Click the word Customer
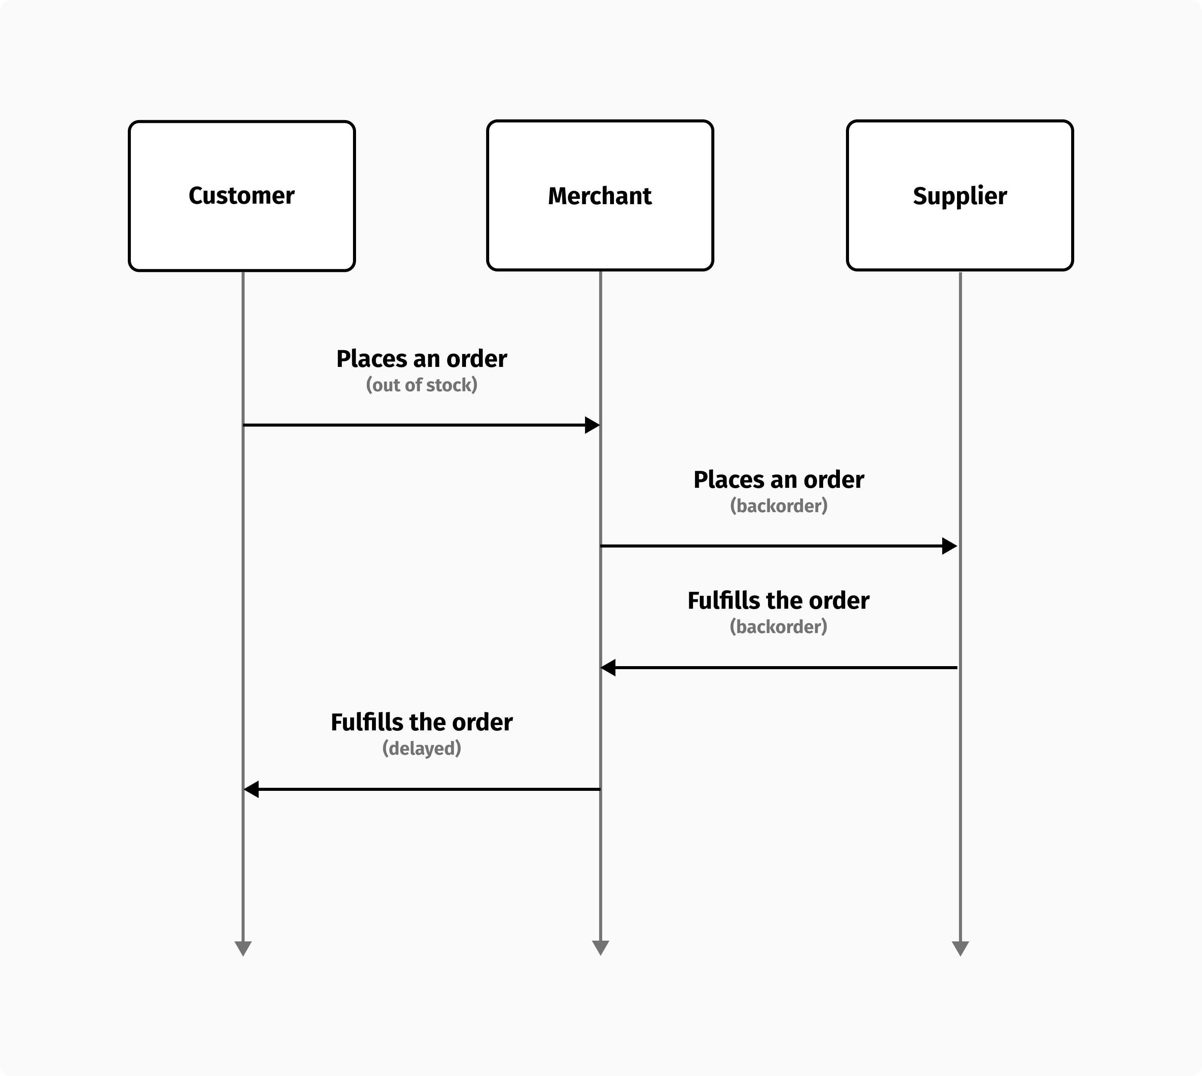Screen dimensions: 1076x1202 241,196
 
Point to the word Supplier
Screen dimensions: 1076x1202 959,196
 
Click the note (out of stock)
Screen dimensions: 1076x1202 421,385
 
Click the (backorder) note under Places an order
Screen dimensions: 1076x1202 779,505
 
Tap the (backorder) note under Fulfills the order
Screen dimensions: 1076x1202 779,626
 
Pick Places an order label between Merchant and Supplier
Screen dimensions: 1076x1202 779,479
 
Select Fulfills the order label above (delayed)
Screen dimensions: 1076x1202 421,722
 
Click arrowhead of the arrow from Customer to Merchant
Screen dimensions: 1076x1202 592,425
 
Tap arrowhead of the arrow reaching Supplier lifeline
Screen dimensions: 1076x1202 949,546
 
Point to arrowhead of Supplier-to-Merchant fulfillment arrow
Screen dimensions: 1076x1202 608,668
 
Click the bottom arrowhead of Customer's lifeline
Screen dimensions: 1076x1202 243,948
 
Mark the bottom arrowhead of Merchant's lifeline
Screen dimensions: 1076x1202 600,948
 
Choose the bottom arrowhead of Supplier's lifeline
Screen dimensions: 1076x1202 960,948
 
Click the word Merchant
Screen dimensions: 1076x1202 600,196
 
